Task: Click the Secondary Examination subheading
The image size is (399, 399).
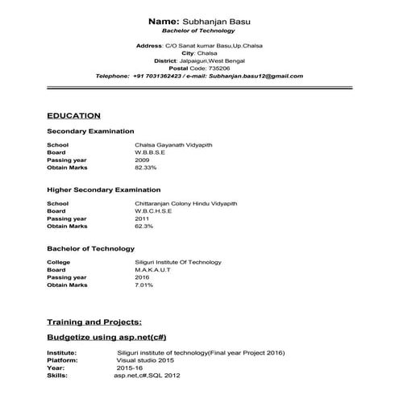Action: point(90,131)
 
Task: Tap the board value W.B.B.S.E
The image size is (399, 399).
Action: point(150,152)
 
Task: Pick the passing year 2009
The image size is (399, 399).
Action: point(142,160)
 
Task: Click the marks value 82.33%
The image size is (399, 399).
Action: point(145,167)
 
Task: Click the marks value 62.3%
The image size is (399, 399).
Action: point(143,226)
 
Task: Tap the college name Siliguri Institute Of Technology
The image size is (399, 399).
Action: point(178,263)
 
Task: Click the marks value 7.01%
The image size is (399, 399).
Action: point(143,285)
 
